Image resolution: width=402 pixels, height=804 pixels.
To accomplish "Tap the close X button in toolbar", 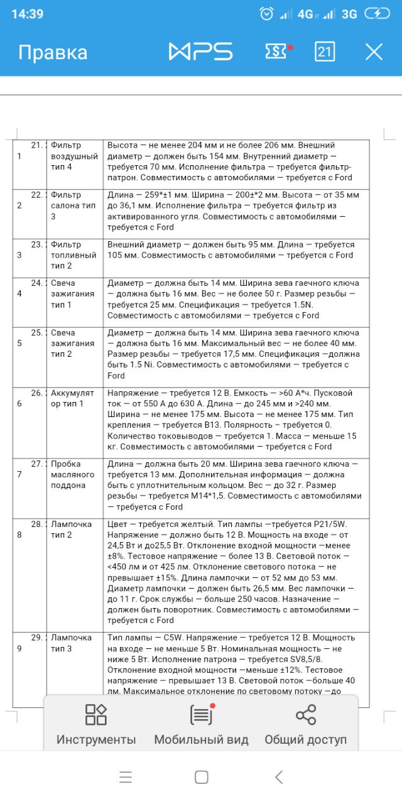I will point(374,52).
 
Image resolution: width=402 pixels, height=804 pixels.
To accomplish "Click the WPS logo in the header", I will point(200,52).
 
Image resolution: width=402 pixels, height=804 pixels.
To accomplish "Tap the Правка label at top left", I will point(53,52).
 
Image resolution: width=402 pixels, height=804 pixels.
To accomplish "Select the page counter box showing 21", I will point(325,52).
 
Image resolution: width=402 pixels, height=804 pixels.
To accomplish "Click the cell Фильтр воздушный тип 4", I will point(74,156).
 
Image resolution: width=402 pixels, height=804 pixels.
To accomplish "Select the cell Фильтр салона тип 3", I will point(74,205).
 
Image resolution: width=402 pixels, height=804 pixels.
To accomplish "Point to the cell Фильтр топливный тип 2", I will point(74,255).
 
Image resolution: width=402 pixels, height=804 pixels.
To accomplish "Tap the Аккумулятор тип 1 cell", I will point(74,398).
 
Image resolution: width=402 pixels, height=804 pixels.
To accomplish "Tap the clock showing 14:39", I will point(27,13).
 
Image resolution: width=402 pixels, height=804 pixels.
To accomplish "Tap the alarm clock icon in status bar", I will point(267,13).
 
